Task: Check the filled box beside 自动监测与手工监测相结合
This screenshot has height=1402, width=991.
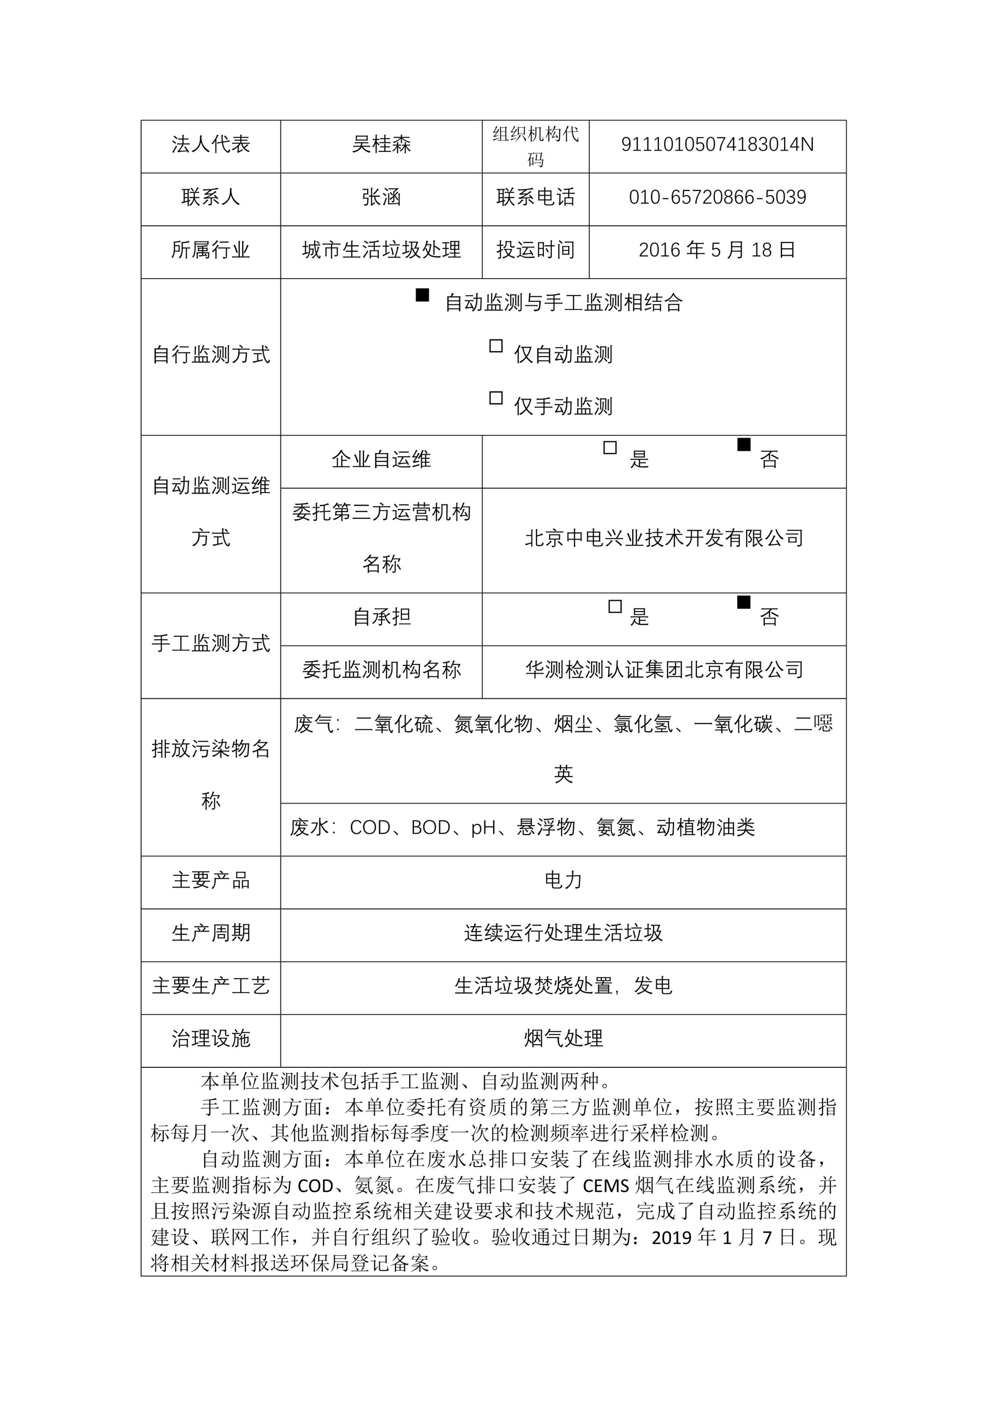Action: click(422, 295)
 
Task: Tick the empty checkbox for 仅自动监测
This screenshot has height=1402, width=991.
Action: click(496, 346)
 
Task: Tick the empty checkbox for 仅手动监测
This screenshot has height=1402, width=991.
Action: click(496, 398)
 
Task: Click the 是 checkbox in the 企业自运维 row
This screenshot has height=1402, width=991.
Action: click(609, 448)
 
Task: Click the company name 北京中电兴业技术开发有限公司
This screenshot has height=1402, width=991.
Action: click(664, 538)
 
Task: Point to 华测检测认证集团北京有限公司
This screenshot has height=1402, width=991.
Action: click(664, 670)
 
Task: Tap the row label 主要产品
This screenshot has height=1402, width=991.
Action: click(211, 880)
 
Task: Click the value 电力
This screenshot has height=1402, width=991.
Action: click(563, 880)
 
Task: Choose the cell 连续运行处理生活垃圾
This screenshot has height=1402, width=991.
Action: click(563, 932)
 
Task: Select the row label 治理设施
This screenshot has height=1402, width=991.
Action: click(211, 1038)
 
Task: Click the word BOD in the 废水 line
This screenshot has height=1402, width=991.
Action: click(431, 827)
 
